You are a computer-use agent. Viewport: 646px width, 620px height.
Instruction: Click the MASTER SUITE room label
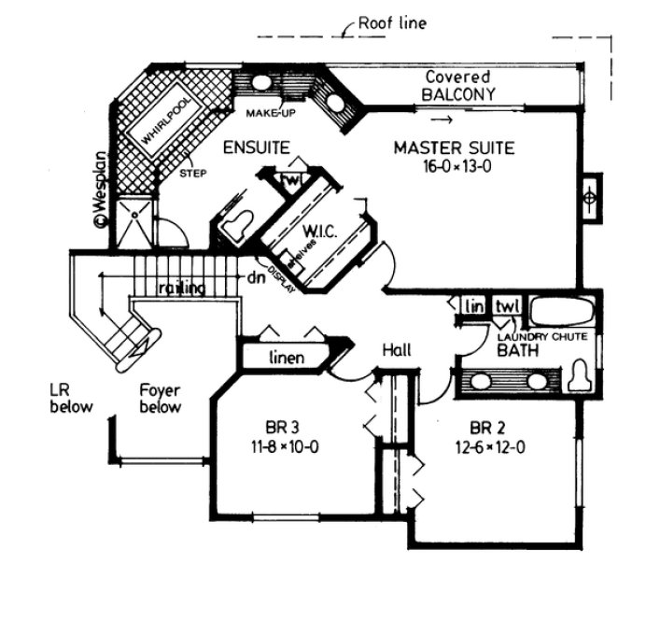[x=454, y=148]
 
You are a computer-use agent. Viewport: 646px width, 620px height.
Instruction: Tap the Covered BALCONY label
[x=457, y=86]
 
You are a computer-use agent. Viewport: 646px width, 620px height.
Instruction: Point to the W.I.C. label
[x=318, y=229]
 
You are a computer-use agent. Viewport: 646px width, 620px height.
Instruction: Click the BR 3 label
[x=274, y=429]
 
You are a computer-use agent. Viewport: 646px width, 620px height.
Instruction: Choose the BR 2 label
[x=483, y=429]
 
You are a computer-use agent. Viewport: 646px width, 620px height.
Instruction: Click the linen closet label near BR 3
[x=288, y=359]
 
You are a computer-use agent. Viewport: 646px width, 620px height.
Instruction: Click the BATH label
[x=514, y=351]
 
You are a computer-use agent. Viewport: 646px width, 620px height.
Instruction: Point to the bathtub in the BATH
[x=562, y=310]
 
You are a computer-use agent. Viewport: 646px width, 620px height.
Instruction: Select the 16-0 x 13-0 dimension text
[x=455, y=166]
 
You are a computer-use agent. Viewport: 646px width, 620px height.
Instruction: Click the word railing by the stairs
[x=181, y=288]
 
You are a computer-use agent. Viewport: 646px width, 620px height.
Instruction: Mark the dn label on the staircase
[x=256, y=277]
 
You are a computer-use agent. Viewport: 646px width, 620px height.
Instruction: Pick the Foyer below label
[x=160, y=399]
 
